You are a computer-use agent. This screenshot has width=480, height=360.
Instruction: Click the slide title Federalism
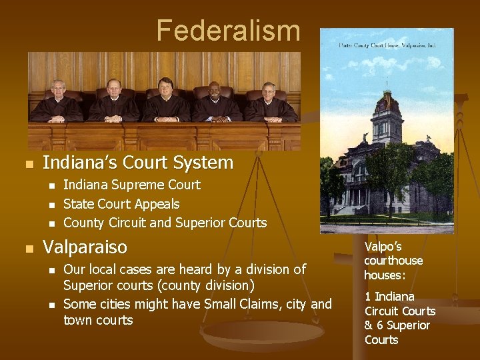coord(228,31)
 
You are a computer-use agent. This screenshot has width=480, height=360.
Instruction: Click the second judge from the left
coord(113,88)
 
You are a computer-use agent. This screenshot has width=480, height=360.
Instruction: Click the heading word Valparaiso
coord(85,248)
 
